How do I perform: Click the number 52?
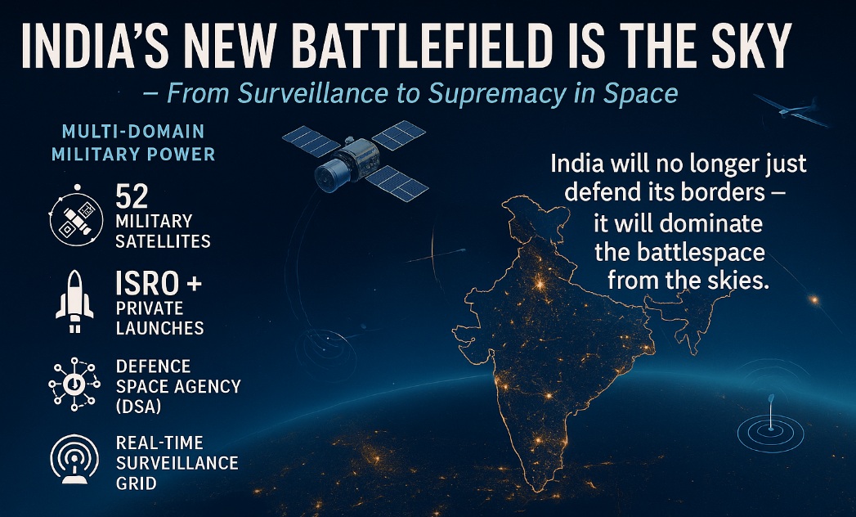[132, 197]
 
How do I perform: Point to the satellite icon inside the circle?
[76, 218]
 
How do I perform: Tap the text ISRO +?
[159, 283]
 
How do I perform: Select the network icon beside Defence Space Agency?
[74, 384]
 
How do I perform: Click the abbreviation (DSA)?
[138, 407]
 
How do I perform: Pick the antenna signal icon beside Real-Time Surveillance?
[74, 459]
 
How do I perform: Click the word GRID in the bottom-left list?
[136, 483]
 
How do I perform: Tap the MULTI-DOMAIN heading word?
[133, 131]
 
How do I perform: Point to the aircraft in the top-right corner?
[791, 111]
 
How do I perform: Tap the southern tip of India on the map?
[538, 489]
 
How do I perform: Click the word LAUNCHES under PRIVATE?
[160, 328]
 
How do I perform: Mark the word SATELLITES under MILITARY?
[164, 241]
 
